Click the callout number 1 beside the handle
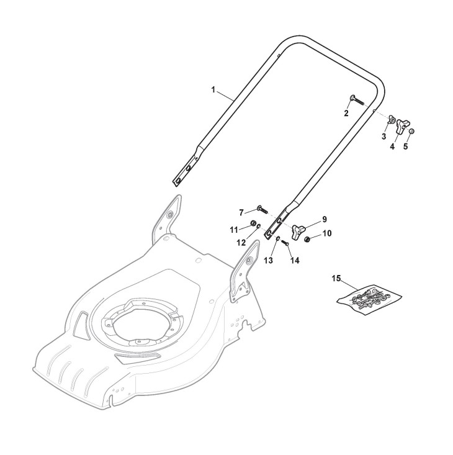click(213, 90)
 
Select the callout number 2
click(346, 113)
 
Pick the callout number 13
click(268, 261)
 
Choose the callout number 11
click(235, 230)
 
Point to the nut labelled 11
click(253, 223)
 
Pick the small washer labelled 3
click(392, 119)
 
